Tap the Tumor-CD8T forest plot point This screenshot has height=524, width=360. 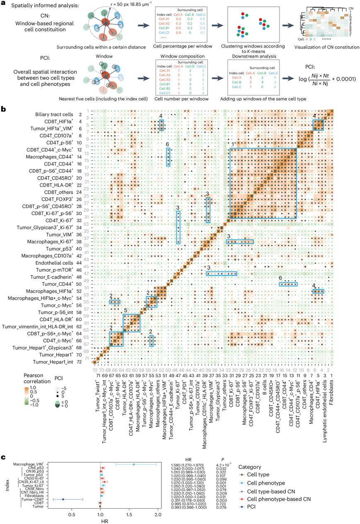(63, 499)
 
